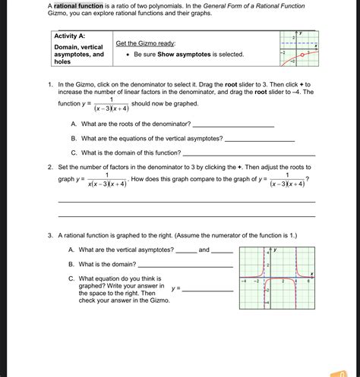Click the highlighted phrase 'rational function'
(x=83, y=6)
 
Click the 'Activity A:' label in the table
(x=70, y=36)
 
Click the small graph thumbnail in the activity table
(x=297, y=49)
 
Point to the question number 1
(x=49, y=85)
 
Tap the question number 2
(x=49, y=166)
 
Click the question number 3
(x=49, y=235)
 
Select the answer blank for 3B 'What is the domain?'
(x=185, y=265)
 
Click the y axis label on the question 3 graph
(x=276, y=250)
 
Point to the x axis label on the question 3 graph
(x=311, y=274)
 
